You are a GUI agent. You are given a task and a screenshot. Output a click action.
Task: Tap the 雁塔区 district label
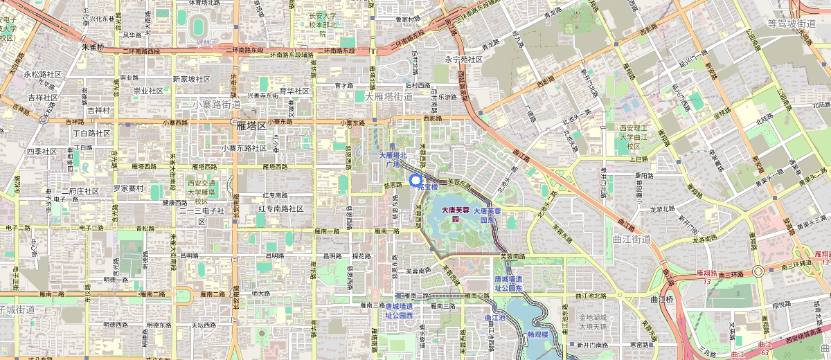pos(251,126)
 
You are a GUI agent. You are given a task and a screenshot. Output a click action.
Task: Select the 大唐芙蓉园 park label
pos(456,213)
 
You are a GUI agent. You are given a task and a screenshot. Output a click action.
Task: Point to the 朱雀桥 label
pos(93,48)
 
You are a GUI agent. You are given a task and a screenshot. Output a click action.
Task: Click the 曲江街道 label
pos(632,239)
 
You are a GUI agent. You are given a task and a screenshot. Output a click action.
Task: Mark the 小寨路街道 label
pos(216,105)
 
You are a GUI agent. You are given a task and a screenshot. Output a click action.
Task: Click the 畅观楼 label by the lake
pos(537,334)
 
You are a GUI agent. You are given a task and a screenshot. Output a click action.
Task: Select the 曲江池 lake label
pos(495,318)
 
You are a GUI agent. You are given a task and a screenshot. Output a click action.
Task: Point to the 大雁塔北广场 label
pos(393,160)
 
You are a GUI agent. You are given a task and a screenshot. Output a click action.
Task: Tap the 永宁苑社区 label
pos(463,60)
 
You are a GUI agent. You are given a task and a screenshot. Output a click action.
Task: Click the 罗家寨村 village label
pos(128,188)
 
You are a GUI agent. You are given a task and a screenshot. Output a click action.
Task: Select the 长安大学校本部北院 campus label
pos(321,24)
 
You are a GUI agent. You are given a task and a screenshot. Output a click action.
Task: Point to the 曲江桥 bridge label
pos(661,300)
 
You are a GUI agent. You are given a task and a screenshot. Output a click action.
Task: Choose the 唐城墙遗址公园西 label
pos(398,310)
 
